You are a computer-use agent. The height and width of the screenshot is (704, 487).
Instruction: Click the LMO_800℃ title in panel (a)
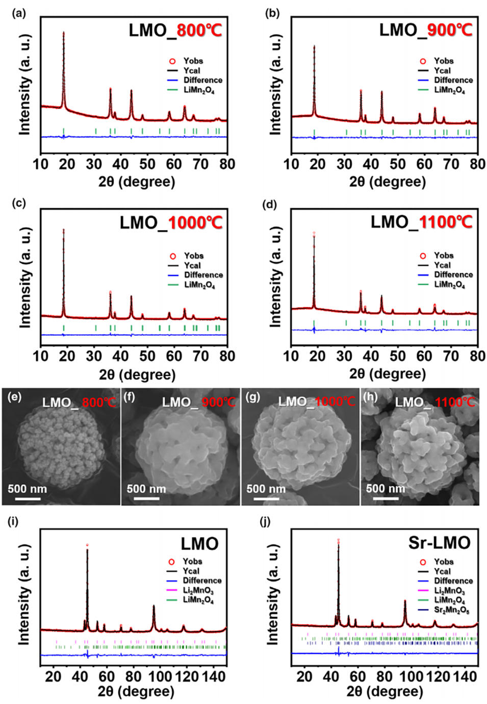tap(175, 30)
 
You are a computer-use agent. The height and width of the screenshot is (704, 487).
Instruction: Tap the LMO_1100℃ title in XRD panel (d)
tap(421, 222)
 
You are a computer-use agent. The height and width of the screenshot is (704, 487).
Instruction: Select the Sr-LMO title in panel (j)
tap(439, 543)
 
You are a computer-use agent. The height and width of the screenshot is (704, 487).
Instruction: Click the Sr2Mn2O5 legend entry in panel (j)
tap(451, 610)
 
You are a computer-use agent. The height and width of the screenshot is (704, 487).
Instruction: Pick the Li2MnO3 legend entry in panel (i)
tap(198, 590)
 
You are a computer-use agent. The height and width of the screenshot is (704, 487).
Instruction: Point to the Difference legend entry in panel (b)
tap(453, 80)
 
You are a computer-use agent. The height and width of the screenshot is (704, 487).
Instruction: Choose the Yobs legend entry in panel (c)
tap(193, 256)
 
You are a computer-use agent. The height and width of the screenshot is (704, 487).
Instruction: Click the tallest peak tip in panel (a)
tap(64, 33)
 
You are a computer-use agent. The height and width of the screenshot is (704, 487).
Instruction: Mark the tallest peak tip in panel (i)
tap(87, 545)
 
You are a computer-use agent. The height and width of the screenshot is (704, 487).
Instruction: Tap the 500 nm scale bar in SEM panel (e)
tap(24, 497)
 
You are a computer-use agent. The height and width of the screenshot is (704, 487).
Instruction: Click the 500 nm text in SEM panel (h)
tap(385, 489)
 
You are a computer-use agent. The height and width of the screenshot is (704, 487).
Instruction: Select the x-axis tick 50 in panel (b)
tap(398, 164)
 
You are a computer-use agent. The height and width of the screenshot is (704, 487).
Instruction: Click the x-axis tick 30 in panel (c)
tap(94, 356)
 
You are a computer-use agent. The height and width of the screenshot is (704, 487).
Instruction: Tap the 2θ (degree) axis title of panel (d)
tap(387, 374)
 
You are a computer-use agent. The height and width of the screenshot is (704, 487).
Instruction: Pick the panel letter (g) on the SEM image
tap(253, 397)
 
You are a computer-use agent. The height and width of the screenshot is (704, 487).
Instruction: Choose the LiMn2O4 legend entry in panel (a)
tap(199, 90)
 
